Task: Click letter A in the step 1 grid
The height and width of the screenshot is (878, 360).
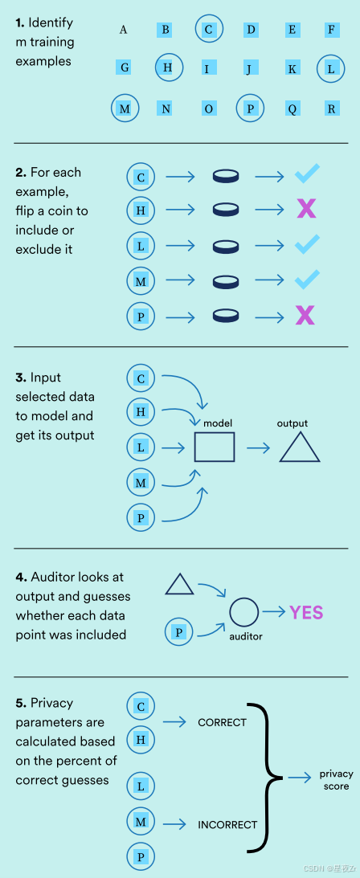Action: point(123,29)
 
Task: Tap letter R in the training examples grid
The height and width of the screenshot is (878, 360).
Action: point(331,108)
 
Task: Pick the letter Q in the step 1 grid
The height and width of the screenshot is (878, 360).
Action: point(292,108)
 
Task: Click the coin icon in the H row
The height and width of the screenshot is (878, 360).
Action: point(226,210)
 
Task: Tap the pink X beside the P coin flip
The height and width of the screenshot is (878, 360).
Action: point(305,316)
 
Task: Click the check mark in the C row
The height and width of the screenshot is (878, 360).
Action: point(308,174)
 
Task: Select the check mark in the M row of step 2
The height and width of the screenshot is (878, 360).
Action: point(308,280)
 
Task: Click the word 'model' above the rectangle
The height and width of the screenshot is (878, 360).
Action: point(218,423)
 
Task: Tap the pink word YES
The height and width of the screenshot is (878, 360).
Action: point(306,612)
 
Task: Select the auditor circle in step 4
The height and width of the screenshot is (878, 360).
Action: point(244,598)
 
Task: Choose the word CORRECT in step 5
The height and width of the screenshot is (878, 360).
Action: point(223,722)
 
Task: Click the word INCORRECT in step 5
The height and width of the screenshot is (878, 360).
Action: point(227,824)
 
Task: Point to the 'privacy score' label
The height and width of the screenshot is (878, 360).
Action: point(336,780)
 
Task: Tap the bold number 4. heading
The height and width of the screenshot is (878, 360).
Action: point(21,577)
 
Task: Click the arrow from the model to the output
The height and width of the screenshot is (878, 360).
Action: point(258,447)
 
